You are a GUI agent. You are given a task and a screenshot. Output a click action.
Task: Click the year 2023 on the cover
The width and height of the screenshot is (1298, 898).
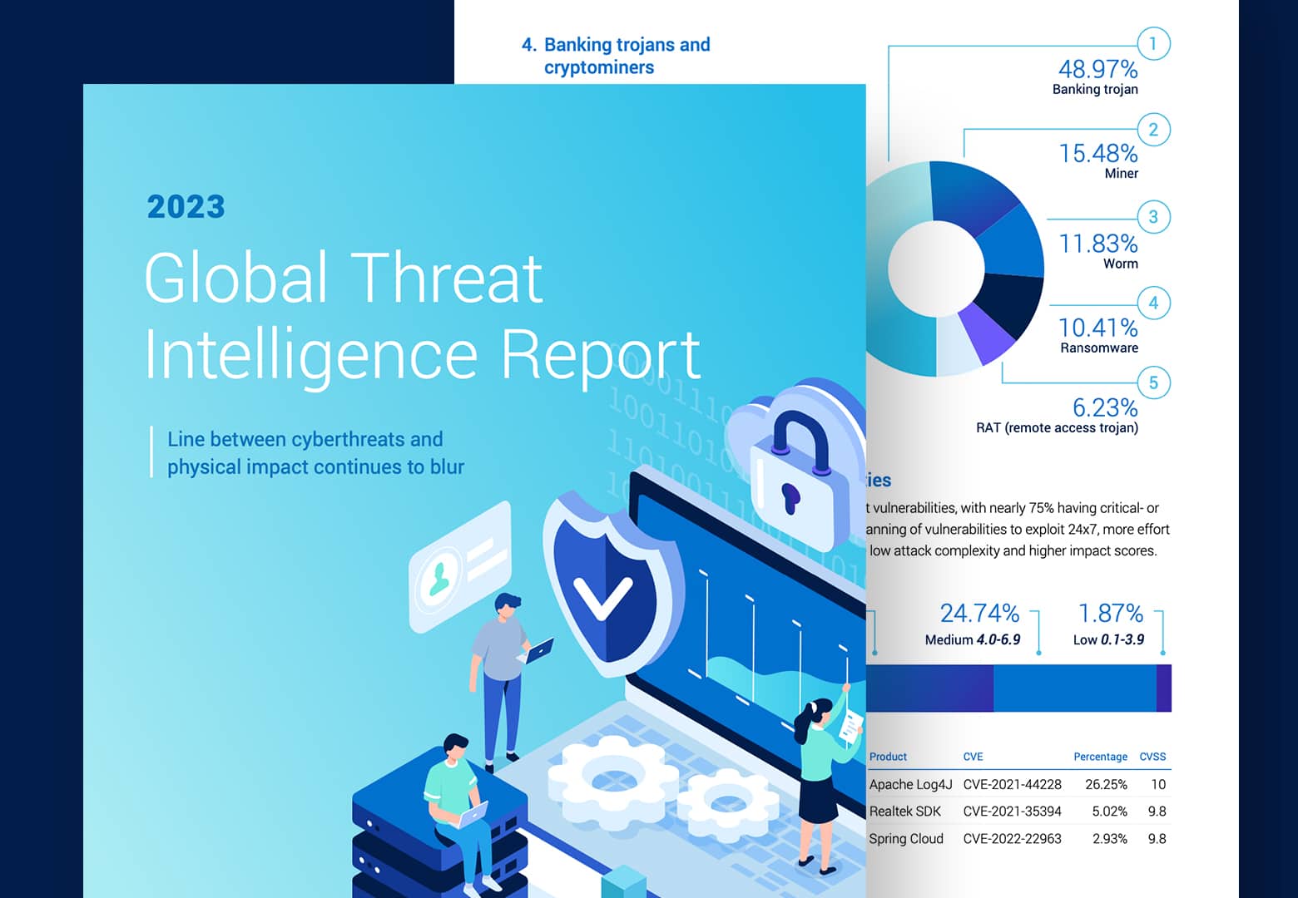click(x=186, y=207)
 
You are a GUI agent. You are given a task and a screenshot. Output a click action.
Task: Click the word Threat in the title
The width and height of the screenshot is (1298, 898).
click(x=447, y=278)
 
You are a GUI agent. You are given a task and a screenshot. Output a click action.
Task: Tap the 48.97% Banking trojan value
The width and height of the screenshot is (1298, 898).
click(x=1097, y=69)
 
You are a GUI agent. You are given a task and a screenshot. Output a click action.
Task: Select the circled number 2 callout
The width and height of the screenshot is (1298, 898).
click(x=1153, y=130)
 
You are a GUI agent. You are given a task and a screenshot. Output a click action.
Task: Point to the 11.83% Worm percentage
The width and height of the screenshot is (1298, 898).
click(x=1097, y=244)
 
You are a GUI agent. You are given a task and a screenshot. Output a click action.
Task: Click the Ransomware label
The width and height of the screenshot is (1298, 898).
click(x=1098, y=348)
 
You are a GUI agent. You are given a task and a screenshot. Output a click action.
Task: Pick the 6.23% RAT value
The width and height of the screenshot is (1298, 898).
click(x=1104, y=407)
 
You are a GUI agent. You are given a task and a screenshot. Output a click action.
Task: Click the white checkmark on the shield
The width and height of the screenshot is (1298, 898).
click(x=602, y=596)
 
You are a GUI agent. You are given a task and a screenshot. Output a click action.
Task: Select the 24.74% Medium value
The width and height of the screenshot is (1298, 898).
click(x=979, y=614)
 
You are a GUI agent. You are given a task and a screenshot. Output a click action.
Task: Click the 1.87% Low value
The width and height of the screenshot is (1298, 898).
click(x=1110, y=614)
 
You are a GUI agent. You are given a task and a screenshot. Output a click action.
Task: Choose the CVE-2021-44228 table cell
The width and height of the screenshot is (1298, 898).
click(x=1012, y=784)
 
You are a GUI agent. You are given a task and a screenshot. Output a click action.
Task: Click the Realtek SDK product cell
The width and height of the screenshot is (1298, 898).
click(x=905, y=812)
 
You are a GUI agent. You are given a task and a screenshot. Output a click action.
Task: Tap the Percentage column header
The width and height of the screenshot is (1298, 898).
click(x=1100, y=757)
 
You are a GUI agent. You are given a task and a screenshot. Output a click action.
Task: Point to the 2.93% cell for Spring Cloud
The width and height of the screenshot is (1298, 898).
click(x=1109, y=839)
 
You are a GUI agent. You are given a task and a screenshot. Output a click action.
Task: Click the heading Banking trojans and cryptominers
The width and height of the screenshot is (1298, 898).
click(x=616, y=56)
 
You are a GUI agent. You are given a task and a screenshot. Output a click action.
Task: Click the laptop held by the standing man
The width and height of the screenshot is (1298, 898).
click(x=538, y=649)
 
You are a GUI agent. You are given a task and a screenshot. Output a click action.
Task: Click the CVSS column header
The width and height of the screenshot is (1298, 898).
click(x=1152, y=757)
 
